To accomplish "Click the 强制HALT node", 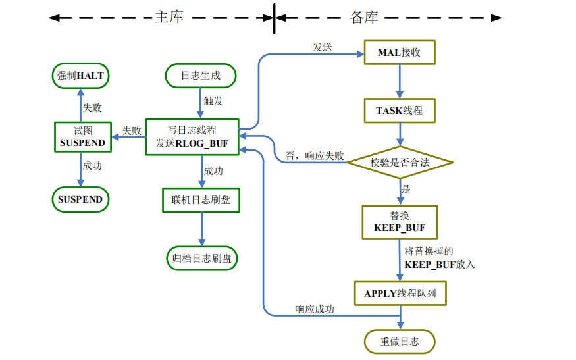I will click(80, 76).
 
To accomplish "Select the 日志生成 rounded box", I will click(201, 76).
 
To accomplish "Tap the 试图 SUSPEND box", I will click(82, 137).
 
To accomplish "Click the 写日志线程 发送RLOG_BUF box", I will click(192, 137).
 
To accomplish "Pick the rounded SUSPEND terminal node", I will click(80, 199).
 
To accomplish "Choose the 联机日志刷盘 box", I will click(201, 199).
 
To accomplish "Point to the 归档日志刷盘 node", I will click(201, 259).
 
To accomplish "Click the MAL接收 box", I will click(399, 53).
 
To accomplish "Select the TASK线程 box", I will click(399, 111).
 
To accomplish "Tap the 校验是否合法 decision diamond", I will click(400, 162).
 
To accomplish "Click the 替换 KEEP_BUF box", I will click(399, 221).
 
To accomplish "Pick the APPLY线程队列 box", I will click(400, 293).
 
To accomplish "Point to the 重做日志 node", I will click(399, 341).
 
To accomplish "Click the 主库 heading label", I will click(169, 17).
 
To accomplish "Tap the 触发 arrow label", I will click(214, 101).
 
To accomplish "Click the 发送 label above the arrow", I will click(323, 47).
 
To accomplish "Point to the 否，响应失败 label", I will click(315, 156).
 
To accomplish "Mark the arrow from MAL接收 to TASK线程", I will click(399, 81).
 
